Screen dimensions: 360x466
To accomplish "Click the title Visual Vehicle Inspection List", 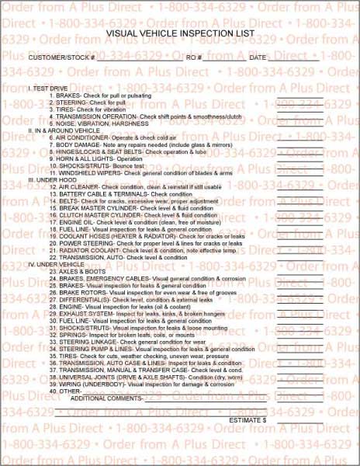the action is [179, 34].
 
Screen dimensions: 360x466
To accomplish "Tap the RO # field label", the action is [194, 58].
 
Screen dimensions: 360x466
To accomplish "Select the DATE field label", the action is [258, 58].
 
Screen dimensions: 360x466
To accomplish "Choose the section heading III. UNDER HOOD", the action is [54, 179].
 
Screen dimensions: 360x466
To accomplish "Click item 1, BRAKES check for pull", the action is [101, 94].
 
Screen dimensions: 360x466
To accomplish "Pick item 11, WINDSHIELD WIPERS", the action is [128, 172].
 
